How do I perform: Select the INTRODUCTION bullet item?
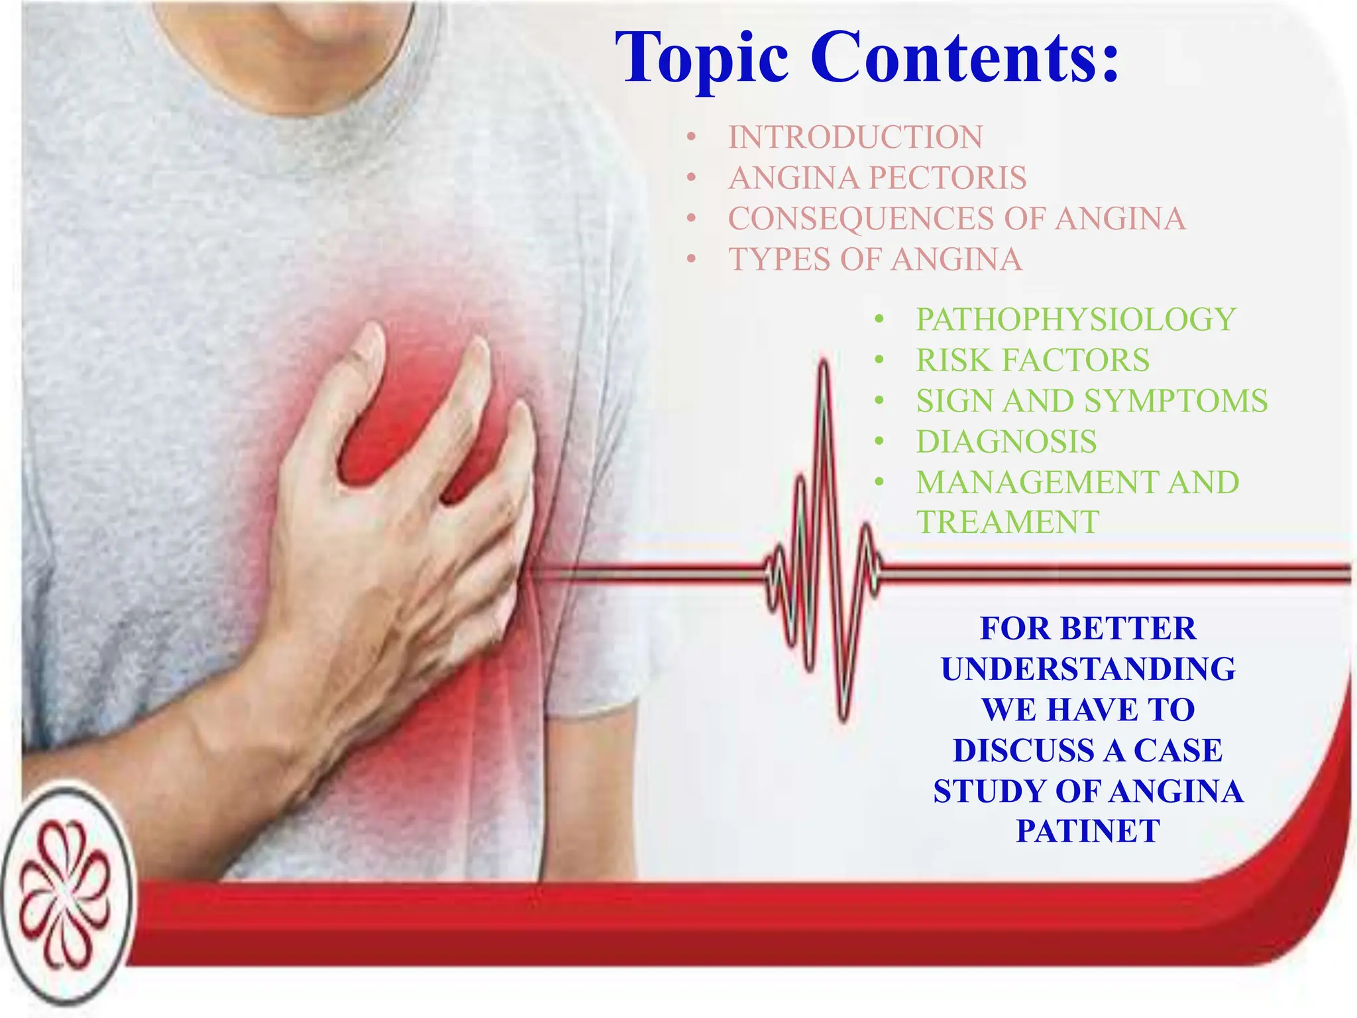click(855, 138)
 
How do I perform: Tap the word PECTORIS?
click(948, 178)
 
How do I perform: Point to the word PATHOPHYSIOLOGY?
click(1075, 319)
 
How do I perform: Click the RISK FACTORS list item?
click(1032, 361)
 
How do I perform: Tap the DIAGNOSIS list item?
click(1006, 442)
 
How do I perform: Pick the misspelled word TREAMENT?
click(1007, 523)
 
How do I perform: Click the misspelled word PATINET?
click(1088, 831)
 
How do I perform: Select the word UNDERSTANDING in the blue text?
click(1088, 669)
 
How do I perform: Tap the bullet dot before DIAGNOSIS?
click(879, 442)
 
